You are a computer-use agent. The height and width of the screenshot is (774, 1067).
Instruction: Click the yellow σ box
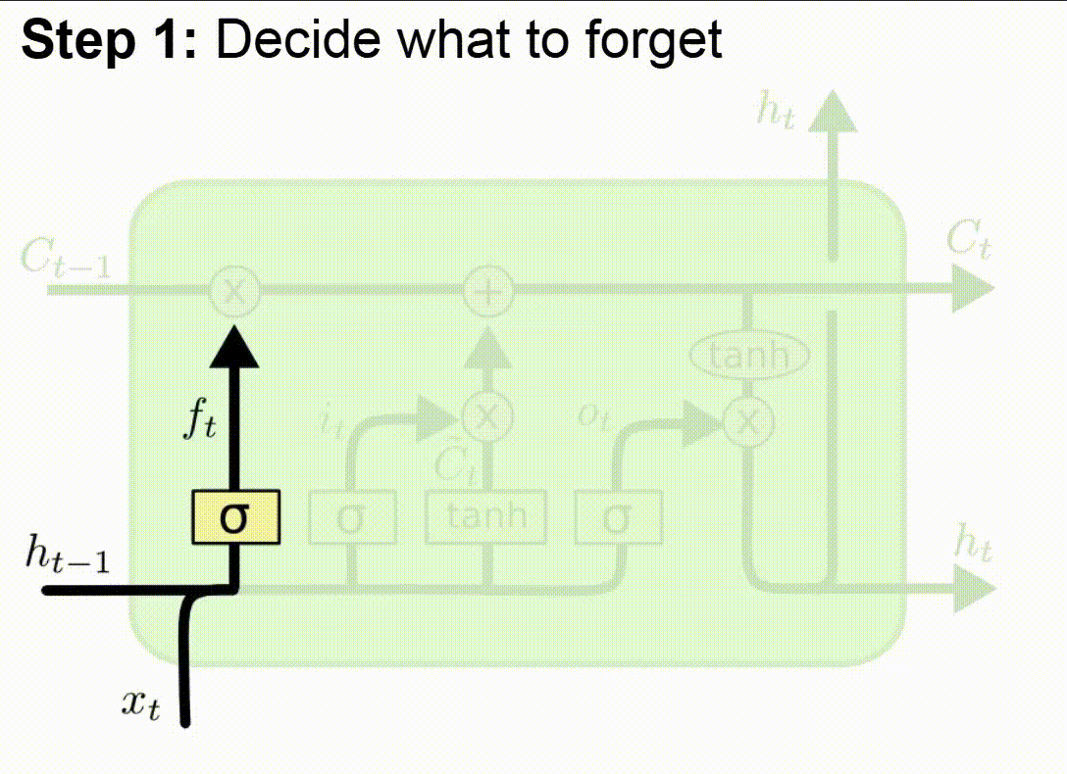click(235, 516)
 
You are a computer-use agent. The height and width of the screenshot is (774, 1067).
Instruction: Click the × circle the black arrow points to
click(235, 290)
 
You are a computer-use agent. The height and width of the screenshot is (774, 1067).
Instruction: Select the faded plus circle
click(487, 290)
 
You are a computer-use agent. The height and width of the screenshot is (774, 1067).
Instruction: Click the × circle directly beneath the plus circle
click(487, 417)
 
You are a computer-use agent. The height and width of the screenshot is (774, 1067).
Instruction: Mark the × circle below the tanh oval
click(749, 422)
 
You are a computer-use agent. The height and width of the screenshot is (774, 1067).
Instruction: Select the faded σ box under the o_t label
click(618, 516)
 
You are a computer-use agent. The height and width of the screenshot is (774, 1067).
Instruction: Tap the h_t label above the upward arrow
click(777, 112)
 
